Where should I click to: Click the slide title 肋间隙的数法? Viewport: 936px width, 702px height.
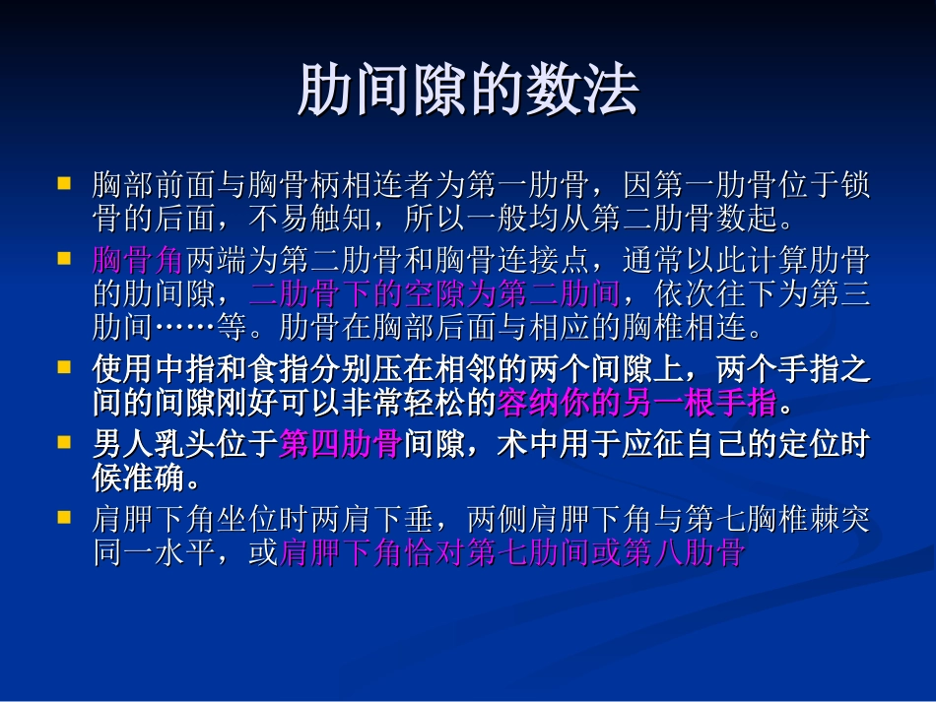tap(468, 92)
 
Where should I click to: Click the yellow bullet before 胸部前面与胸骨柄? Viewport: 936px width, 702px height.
tap(64, 183)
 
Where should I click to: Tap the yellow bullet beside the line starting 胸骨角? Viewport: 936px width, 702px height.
tap(64, 260)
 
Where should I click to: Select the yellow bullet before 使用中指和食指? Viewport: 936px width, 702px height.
tap(64, 367)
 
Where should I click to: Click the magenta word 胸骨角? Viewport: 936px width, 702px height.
tap(138, 261)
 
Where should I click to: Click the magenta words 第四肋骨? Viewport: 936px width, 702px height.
tap(340, 445)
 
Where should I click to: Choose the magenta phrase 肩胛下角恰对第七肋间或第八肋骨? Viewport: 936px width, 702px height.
tap(511, 552)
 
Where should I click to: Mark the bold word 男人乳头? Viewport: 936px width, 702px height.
tap(154, 445)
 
